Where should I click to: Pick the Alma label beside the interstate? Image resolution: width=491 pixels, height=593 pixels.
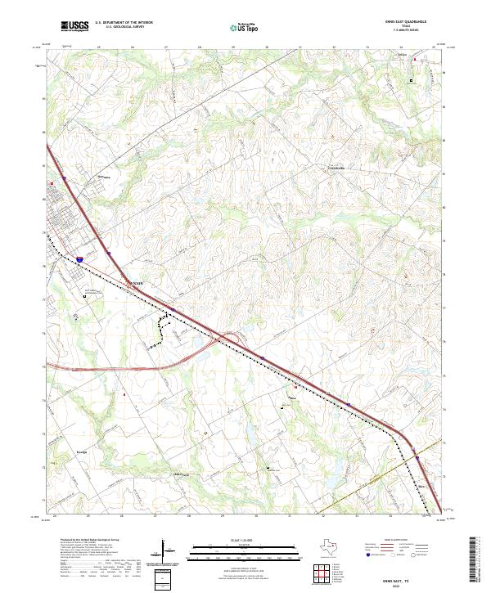pos(136,283)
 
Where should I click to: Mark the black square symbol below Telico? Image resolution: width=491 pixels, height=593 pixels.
pos(412,79)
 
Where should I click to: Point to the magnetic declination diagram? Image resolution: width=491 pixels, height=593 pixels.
pos(166,550)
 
